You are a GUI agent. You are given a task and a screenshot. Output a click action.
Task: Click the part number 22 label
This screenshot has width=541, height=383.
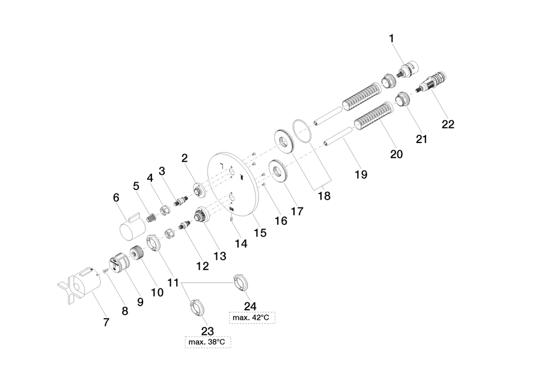click(448, 124)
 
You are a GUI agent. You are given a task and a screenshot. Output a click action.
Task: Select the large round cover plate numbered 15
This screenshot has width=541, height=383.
click(234, 183)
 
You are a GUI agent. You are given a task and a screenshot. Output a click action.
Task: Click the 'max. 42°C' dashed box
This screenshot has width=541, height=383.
click(252, 317)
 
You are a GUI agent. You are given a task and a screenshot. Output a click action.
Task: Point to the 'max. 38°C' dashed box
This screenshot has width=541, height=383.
click(208, 342)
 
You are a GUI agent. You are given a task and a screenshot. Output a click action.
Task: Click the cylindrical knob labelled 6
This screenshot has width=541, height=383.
click(132, 225)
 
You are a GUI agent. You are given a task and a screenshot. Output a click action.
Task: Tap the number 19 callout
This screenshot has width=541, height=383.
click(361, 174)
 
